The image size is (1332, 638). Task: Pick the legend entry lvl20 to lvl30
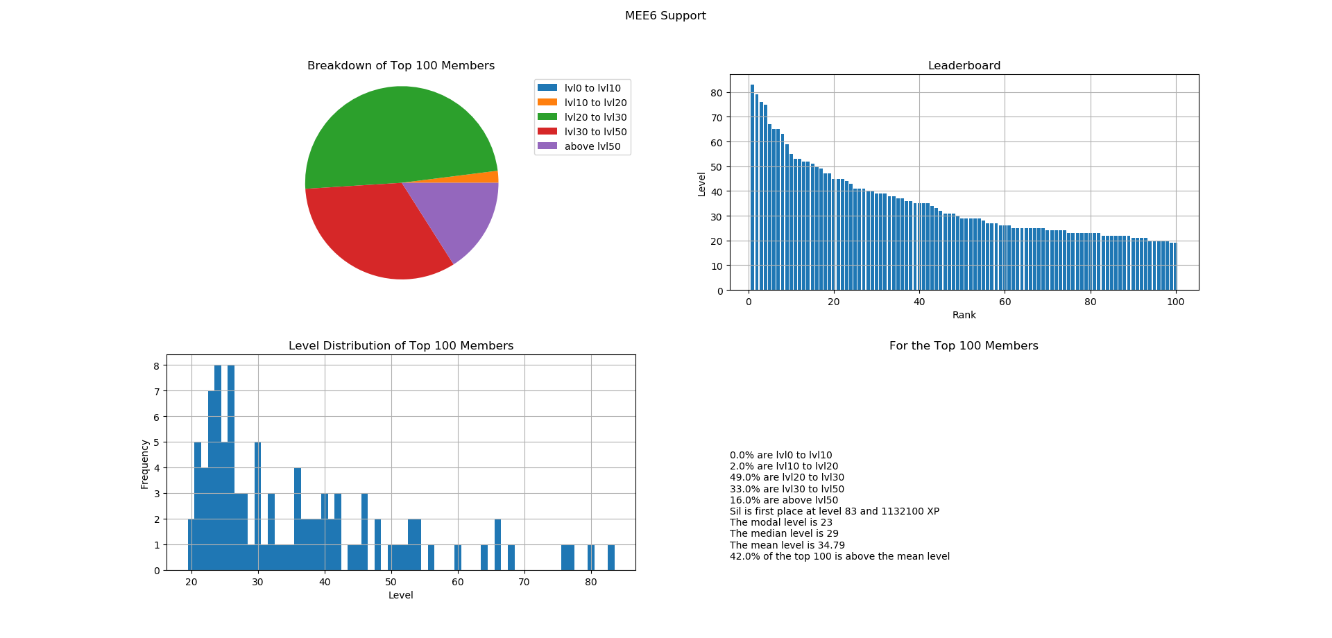click(x=595, y=117)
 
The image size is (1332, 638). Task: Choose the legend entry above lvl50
click(x=592, y=146)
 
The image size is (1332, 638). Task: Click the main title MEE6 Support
click(x=665, y=16)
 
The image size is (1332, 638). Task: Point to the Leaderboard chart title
click(x=964, y=66)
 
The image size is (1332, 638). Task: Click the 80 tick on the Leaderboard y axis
click(x=716, y=93)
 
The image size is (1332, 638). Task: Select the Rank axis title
click(x=964, y=315)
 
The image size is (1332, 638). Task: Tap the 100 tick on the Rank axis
click(x=1175, y=302)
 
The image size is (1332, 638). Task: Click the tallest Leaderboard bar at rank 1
click(x=752, y=187)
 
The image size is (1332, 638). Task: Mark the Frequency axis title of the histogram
click(x=144, y=464)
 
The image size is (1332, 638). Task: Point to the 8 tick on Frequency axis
click(x=157, y=365)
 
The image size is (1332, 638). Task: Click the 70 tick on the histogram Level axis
click(x=524, y=582)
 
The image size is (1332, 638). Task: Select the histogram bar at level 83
click(x=611, y=558)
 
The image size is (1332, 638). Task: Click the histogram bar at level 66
click(x=497, y=544)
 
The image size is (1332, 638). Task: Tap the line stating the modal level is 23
click(x=780, y=522)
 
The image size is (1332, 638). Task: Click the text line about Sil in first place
click(x=834, y=511)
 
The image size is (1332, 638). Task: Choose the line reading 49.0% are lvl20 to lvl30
click(x=787, y=477)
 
